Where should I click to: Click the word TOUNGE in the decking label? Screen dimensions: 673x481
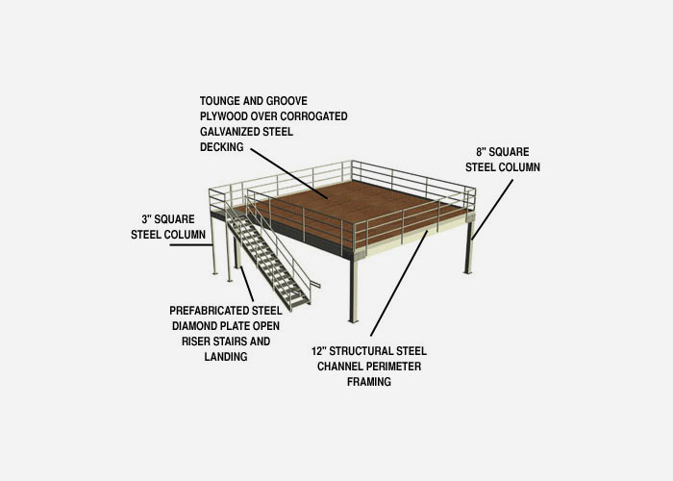tap(220, 101)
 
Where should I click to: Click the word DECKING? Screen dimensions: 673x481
tap(221, 147)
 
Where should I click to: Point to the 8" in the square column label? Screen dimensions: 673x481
tap(481, 152)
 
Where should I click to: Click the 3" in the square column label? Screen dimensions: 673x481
tap(146, 219)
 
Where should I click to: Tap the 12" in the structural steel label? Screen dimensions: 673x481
tap(319, 351)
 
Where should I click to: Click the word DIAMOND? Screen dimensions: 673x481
tap(193, 326)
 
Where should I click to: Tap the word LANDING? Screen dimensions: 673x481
tap(226, 357)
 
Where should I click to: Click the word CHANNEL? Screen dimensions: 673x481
tap(339, 367)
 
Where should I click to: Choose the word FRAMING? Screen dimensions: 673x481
tap(369, 382)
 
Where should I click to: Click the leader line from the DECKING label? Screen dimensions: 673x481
tap(289, 173)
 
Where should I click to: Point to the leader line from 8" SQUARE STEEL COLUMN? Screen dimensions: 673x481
tap(492, 210)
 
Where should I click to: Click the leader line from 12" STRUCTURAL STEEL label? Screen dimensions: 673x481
tap(399, 284)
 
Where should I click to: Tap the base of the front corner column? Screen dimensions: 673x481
tap(353, 320)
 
